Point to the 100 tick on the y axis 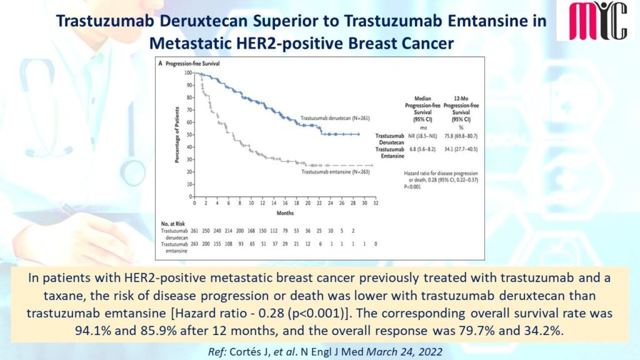[x=188, y=73]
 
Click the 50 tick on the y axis [x=189, y=134]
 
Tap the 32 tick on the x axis [x=374, y=204]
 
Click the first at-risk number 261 [x=195, y=231]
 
